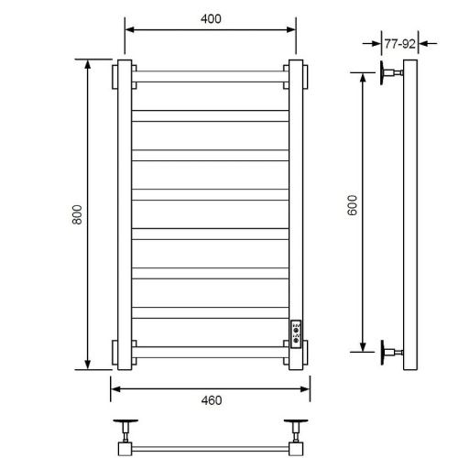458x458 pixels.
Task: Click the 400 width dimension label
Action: click(x=211, y=19)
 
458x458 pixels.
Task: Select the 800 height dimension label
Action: click(x=77, y=214)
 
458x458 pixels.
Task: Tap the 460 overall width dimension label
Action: click(x=212, y=400)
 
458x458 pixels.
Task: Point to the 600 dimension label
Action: click(x=352, y=205)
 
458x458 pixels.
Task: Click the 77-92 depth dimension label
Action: click(x=399, y=44)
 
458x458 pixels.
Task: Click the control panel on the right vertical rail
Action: click(x=296, y=333)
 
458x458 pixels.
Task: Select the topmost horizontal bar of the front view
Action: click(x=211, y=76)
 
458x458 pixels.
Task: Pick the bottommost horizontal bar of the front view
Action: click(x=211, y=353)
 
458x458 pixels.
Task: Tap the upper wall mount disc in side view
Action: click(x=382, y=72)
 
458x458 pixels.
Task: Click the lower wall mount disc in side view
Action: click(x=382, y=352)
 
